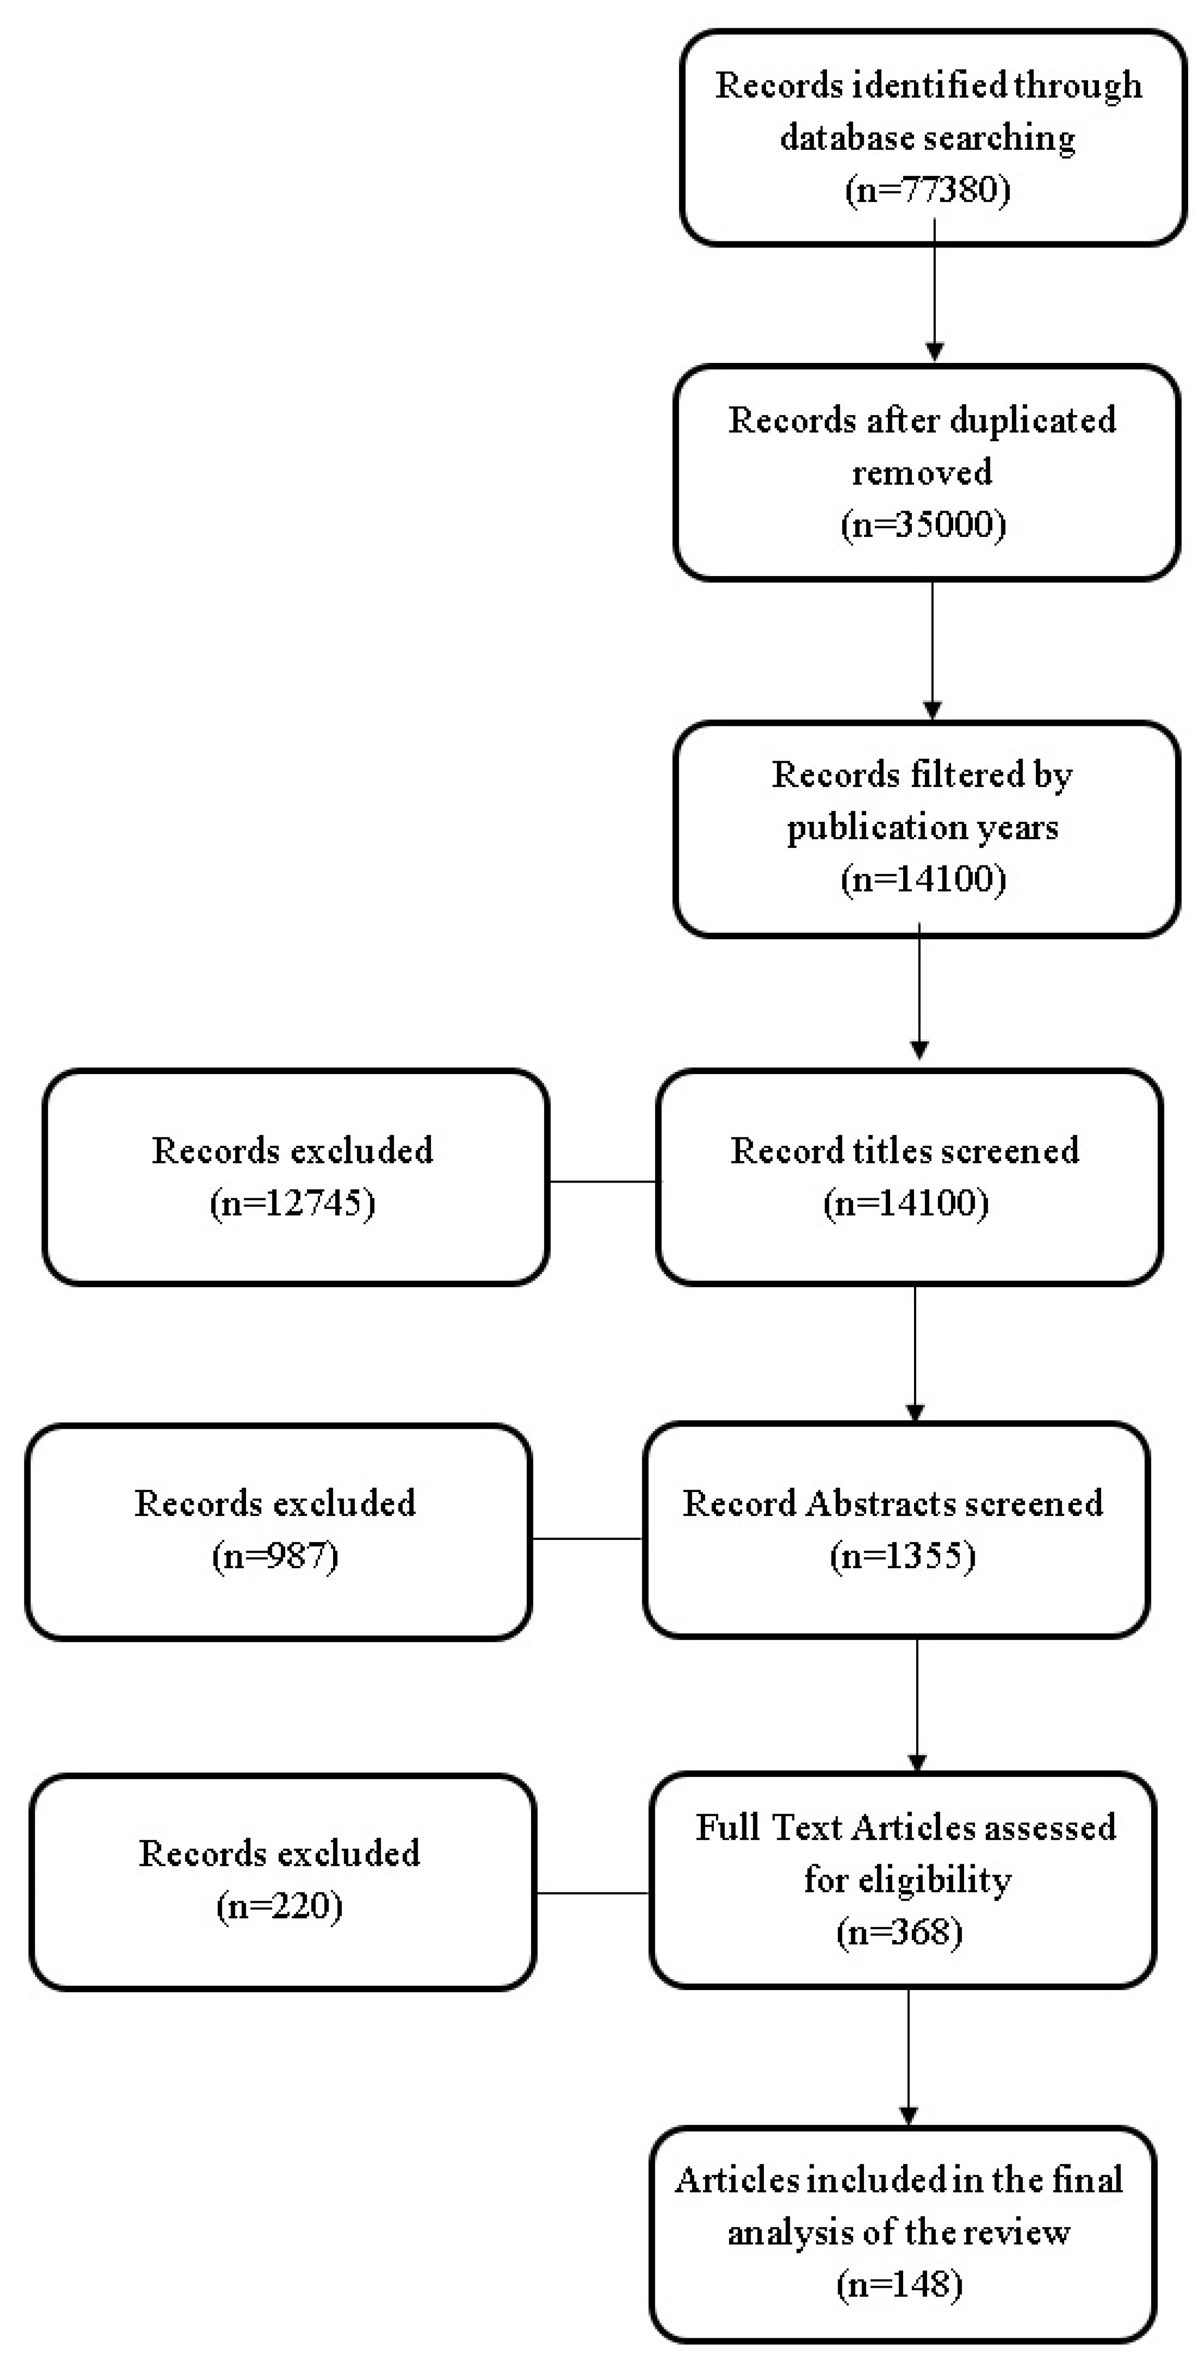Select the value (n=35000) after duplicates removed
pyautogui.click(x=924, y=524)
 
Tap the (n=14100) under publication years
pyautogui.click(x=924, y=879)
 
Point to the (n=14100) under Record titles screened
pyautogui.click(x=906, y=1202)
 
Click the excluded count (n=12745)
pyautogui.click(x=292, y=1202)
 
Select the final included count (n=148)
pyautogui.click(x=900, y=2284)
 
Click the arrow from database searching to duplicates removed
pyautogui.click(x=934, y=294)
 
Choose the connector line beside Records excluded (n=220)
pyautogui.click(x=593, y=1893)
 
